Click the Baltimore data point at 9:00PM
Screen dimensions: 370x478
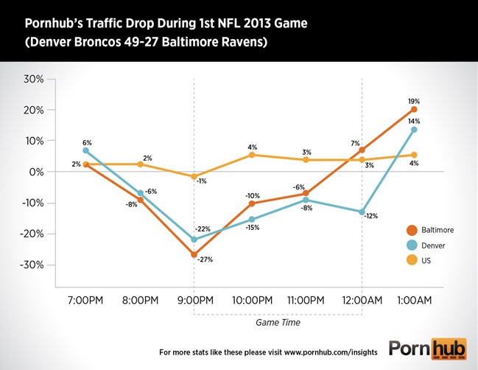pyautogui.click(x=194, y=255)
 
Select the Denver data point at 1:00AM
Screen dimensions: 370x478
pyautogui.click(x=414, y=130)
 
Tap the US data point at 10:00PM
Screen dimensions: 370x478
pyautogui.click(x=252, y=155)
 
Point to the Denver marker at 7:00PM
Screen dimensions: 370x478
pyautogui.click(x=86, y=150)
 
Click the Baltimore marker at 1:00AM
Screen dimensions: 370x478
pyautogui.click(x=414, y=109)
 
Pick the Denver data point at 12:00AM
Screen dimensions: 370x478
pyautogui.click(x=362, y=212)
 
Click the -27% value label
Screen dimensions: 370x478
pyautogui.click(x=205, y=259)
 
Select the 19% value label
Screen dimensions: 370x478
pyautogui.click(x=414, y=100)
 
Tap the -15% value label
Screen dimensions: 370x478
pyautogui.click(x=253, y=228)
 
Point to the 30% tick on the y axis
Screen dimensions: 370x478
pyautogui.click(x=35, y=79)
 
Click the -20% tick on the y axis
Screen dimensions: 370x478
pyautogui.click(x=33, y=234)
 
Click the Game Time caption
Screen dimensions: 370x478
pyautogui.click(x=277, y=322)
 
